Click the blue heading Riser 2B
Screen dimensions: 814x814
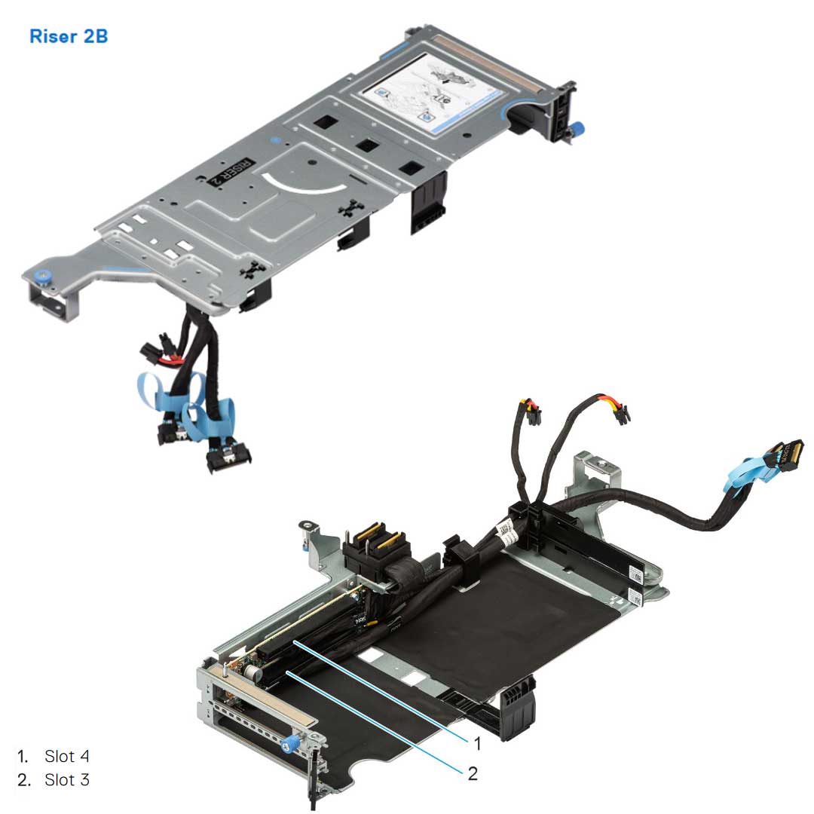[69, 36]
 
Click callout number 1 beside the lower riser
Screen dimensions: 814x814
[476, 743]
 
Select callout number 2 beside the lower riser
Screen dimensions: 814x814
[473, 774]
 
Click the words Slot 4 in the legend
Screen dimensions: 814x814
[66, 755]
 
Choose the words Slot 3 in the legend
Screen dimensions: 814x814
[66, 779]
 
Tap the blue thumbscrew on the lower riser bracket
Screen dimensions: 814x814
[287, 747]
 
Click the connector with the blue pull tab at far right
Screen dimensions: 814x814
[784, 457]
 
